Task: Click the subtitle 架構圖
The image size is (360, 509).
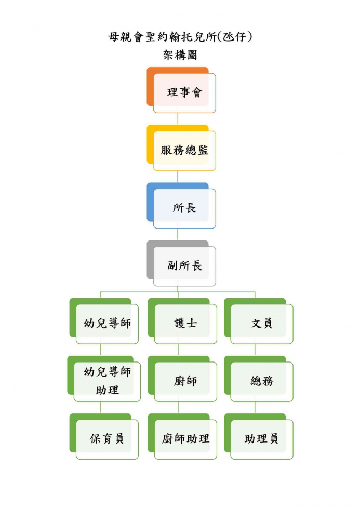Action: tap(180, 55)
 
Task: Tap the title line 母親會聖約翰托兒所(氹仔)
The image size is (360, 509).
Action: tap(180, 36)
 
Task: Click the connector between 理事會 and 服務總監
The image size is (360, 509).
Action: tap(178, 119)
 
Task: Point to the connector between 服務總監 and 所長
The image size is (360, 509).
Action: tap(178, 177)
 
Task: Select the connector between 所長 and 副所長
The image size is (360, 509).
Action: tap(178, 235)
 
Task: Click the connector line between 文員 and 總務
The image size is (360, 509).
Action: tap(255, 350)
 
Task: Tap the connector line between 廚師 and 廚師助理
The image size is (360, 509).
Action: tap(179, 408)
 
